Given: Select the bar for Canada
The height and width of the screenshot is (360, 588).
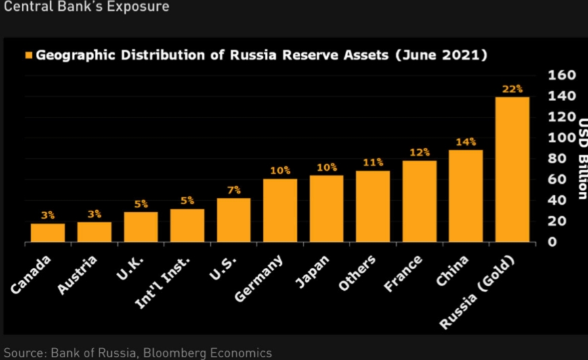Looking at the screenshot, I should [48, 233].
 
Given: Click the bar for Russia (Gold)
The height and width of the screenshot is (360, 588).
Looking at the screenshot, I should [512, 169].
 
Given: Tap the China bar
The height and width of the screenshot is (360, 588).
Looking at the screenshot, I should [466, 196].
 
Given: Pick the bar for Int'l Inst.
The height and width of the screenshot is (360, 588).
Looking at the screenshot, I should [188, 225].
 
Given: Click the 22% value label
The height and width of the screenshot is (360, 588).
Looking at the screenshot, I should [512, 89].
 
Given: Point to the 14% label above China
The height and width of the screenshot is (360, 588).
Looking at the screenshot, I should [466, 142].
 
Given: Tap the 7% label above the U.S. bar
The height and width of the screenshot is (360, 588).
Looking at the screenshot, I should [234, 190].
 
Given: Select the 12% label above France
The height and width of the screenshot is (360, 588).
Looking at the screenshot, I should [419, 153].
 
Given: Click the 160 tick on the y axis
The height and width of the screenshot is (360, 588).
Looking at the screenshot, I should [561, 75].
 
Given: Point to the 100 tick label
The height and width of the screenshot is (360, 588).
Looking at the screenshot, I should [561, 138].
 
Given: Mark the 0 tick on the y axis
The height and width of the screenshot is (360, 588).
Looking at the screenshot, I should [552, 242].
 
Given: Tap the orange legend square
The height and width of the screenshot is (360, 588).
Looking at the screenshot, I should [28, 55].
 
